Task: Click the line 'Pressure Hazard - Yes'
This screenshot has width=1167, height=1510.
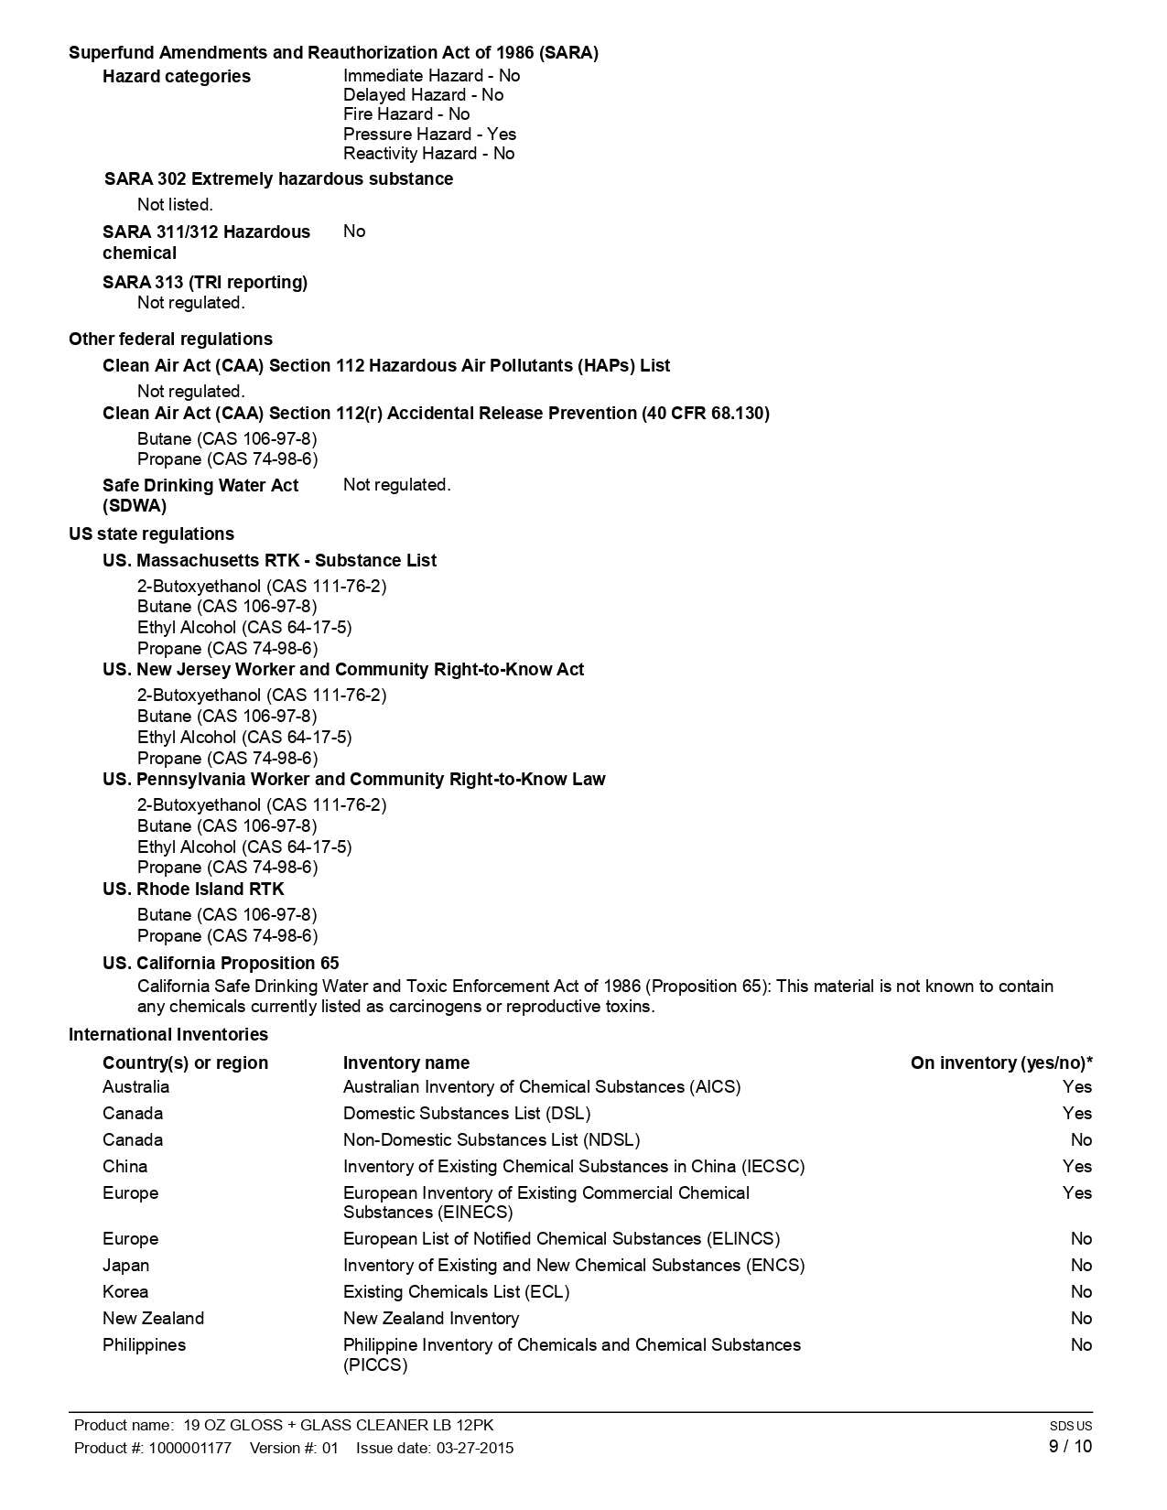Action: [x=429, y=134]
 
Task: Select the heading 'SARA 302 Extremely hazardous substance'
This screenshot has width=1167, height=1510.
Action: [x=278, y=178]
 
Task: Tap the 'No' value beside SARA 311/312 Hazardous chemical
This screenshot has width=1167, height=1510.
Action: [x=354, y=232]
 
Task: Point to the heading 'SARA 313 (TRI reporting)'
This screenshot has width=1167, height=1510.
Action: [x=205, y=282]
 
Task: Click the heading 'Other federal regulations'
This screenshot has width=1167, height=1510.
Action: [x=170, y=339]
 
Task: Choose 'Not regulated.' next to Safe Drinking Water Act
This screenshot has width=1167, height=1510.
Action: [x=396, y=484]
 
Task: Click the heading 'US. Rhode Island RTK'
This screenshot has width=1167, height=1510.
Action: [x=193, y=889]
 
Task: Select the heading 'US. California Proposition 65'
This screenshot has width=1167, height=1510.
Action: [x=221, y=963]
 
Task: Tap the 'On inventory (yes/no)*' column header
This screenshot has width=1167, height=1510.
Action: [x=1000, y=1062]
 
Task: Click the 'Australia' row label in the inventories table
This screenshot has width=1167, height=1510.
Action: [x=135, y=1086]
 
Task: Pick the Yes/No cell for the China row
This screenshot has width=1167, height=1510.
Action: [x=1076, y=1166]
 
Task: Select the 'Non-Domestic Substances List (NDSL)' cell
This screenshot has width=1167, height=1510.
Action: [x=491, y=1139]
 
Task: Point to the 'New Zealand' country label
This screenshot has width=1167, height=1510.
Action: [x=153, y=1318]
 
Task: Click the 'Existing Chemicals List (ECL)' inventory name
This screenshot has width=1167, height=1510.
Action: [x=456, y=1291]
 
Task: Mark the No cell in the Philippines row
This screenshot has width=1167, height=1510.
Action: [x=1081, y=1344]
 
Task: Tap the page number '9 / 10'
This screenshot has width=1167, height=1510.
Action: [x=1069, y=1446]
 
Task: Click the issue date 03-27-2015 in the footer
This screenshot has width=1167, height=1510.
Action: [x=474, y=1448]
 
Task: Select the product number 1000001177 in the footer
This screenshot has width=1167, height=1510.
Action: [x=190, y=1448]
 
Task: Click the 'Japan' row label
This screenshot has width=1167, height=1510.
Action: [x=125, y=1265]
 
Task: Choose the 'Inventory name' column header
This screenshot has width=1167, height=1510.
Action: [x=405, y=1062]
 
